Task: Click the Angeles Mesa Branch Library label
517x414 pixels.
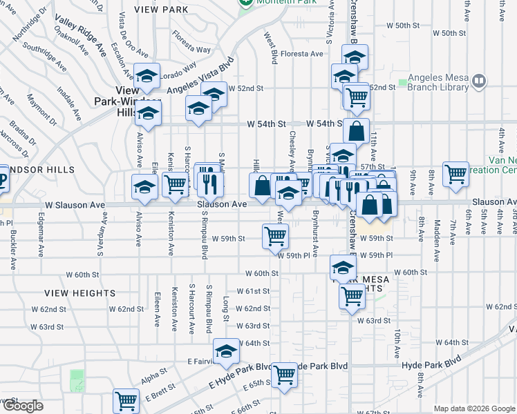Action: point(438,82)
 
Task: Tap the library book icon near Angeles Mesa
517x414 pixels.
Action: point(479,82)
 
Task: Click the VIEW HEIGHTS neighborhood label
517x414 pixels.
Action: point(70,293)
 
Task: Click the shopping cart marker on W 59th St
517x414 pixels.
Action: point(275,237)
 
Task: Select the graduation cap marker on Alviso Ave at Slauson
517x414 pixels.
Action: point(145,188)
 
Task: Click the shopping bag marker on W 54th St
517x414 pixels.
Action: point(356,131)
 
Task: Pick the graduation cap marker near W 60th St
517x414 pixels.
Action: point(343,267)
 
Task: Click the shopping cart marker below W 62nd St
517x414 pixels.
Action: point(352,297)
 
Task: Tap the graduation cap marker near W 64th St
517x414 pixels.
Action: point(226,352)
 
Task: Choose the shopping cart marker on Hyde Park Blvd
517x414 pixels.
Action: point(284,375)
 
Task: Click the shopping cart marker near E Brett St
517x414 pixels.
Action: point(126,401)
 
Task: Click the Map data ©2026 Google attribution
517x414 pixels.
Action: point(473,408)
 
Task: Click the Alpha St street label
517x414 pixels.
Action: point(154,375)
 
